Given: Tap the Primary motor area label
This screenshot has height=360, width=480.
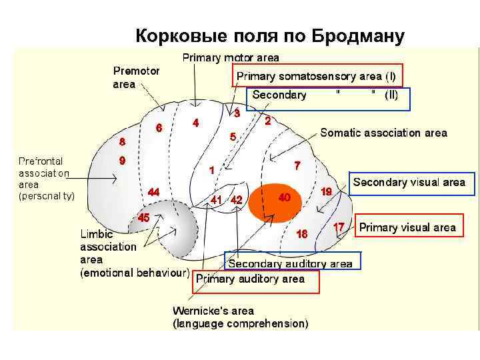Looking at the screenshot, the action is pos(231,58).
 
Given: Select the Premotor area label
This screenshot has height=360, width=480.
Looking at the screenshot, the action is pos(136,77).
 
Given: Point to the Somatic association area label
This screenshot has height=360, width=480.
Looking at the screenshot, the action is pos(383,133).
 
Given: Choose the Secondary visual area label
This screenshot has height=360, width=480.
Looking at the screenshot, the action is pos(409,182).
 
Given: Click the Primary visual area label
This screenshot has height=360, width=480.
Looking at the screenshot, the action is pos(407,227).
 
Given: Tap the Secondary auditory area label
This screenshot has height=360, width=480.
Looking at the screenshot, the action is pos(290,264).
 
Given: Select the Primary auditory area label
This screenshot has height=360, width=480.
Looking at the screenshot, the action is pos(250,279).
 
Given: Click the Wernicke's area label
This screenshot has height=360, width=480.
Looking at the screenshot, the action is pos(213,311).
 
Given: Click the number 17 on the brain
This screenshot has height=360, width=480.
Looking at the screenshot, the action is pos(339,227).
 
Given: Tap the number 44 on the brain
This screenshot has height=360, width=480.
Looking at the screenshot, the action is pos(153,192).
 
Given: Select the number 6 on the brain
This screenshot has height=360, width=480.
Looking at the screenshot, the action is pos(159,127).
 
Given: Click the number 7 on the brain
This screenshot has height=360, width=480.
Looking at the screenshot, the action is pos(297,165).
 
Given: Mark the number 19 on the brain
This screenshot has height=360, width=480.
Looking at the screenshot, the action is pos(327,191).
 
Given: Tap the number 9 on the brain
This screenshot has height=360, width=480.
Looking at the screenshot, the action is pos(122,161).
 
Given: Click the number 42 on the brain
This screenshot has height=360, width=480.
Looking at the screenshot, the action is pos(237,200).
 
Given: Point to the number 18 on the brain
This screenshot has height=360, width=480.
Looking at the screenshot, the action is pos(302,234).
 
